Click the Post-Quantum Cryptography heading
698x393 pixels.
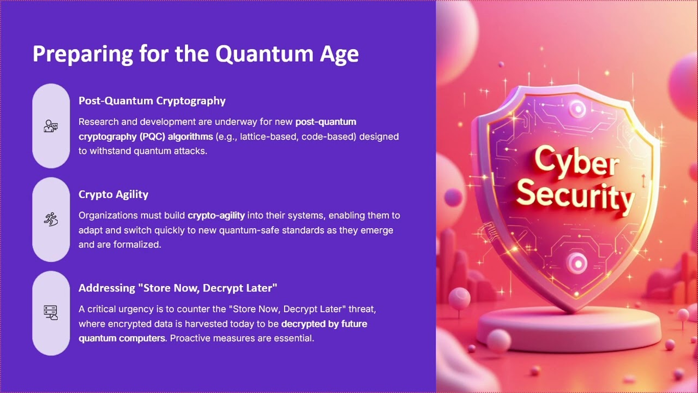[152, 101]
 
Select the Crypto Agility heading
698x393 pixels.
[113, 195]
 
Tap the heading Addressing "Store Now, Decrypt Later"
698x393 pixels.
[178, 288]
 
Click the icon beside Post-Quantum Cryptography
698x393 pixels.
[51, 126]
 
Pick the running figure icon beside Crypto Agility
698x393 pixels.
[51, 219]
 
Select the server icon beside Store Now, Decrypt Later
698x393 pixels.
[51, 313]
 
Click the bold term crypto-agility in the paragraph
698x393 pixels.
[216, 216]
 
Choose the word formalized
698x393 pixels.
[137, 245]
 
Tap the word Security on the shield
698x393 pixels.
[575, 195]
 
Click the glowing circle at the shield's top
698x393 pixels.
[577, 109]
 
